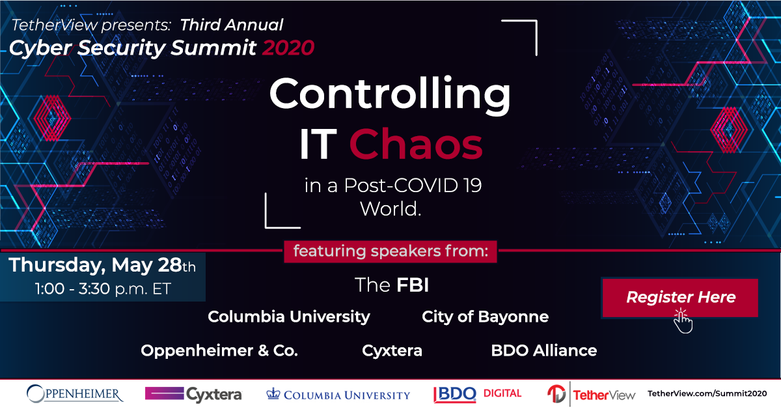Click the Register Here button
[x=680, y=298]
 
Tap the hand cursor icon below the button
[x=683, y=321]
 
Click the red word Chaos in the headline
[x=416, y=144]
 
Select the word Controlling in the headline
[x=390, y=94]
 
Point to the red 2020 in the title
[x=288, y=48]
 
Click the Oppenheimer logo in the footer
[x=75, y=394]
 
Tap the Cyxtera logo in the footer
[x=193, y=394]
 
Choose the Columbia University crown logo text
[x=338, y=394]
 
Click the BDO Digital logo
[x=477, y=394]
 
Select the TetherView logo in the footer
[x=592, y=394]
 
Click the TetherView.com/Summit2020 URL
[x=707, y=393]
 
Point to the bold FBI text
[x=413, y=285]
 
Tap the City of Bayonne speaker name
[x=486, y=317]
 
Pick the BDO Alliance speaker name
[x=544, y=351]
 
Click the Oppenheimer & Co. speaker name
[x=219, y=351]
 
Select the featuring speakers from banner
[x=390, y=251]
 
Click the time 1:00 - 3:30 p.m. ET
[x=103, y=289]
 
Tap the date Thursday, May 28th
[x=102, y=265]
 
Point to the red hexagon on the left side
[x=52, y=118]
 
